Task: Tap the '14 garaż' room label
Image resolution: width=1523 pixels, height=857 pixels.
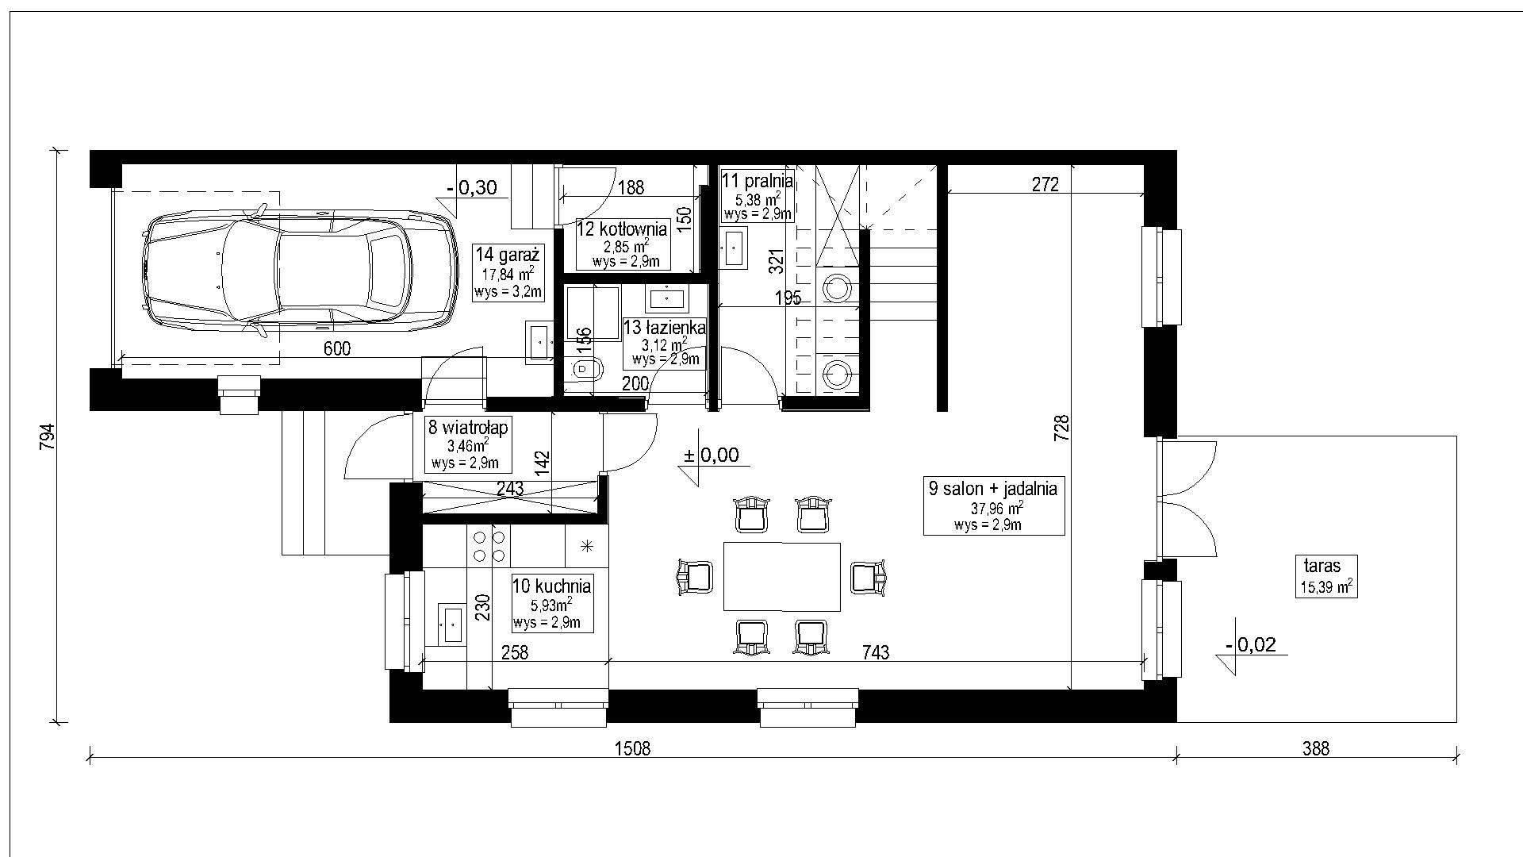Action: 508,256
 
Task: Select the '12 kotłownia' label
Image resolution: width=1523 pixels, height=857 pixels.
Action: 623,229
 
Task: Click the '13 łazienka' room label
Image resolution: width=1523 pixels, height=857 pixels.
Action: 664,327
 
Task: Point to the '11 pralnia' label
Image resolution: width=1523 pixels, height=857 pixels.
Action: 757,180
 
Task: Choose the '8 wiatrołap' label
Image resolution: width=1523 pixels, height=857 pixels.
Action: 468,427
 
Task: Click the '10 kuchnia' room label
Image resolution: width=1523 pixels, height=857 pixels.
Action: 552,586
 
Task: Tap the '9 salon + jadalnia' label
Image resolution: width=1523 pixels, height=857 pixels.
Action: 993,488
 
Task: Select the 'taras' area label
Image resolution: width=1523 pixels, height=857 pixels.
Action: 1322,566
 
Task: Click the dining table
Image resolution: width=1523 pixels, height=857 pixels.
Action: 781,577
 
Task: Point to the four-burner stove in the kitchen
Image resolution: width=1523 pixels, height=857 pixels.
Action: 489,545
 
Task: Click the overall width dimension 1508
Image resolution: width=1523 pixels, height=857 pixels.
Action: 632,748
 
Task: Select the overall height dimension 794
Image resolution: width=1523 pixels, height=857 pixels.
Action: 48,437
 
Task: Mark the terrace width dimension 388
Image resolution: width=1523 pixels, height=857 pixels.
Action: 1315,748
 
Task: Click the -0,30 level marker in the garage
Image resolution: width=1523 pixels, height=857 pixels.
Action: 471,188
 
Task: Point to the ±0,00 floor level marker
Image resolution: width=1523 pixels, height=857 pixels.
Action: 711,455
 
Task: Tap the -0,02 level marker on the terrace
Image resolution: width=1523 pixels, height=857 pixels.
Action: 1251,645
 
